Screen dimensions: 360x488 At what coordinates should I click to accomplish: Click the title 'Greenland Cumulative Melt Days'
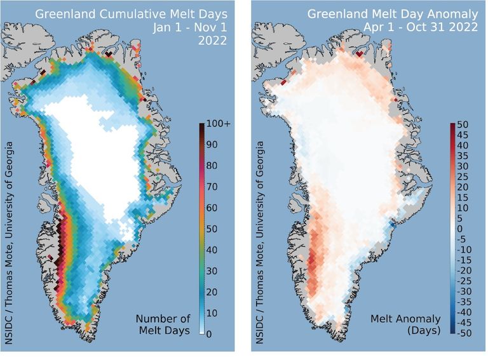[132, 13]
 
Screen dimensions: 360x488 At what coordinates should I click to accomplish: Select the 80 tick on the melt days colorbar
[214, 165]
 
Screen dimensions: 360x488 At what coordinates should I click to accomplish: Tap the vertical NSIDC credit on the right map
[261, 229]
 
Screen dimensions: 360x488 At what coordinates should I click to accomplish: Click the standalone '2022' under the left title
[215, 44]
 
